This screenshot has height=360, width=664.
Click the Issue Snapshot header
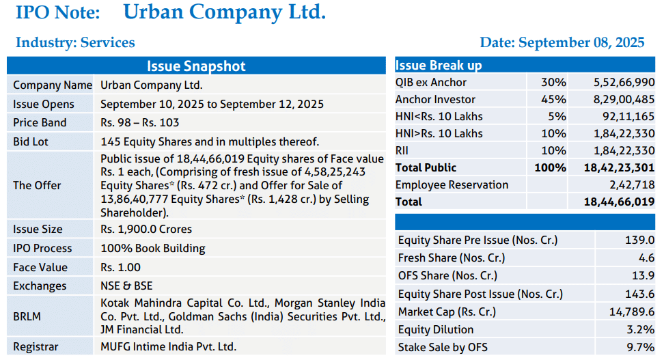[x=196, y=66]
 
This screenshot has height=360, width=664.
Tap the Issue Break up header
[x=439, y=65]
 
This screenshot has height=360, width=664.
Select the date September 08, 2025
[x=581, y=42]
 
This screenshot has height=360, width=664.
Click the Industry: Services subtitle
[x=75, y=42]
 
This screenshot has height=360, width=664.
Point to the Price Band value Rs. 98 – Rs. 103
[x=140, y=122]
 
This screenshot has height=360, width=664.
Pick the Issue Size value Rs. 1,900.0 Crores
[x=146, y=229]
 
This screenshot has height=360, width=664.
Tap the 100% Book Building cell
[x=153, y=248]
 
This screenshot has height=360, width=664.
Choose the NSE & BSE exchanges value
[x=126, y=286]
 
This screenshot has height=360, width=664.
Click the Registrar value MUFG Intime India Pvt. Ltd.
[x=168, y=346]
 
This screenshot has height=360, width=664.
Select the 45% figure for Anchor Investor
[x=553, y=99]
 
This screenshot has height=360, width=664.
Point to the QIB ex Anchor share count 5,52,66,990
[x=624, y=82]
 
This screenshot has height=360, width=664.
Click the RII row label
[x=402, y=150]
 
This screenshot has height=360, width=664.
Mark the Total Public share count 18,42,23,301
[x=620, y=168]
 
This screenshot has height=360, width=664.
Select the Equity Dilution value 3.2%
[x=641, y=329]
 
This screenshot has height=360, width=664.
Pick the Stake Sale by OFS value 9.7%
[x=641, y=347]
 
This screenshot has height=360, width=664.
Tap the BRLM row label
[x=27, y=316]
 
